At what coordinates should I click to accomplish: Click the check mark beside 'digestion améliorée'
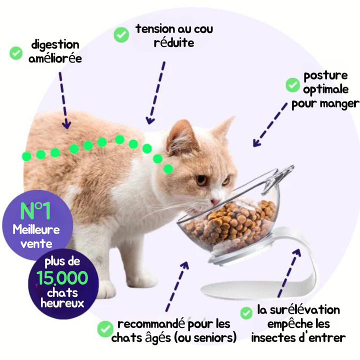coord(16,53)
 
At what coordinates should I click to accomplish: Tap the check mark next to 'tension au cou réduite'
coord(121,34)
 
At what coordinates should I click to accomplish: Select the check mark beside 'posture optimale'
coord(292,85)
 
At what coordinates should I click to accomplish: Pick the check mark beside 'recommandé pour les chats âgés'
coord(105,329)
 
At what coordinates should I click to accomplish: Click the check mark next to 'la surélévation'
coord(246,313)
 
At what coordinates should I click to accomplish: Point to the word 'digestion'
coord(55,45)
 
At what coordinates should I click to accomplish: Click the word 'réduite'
coord(174,42)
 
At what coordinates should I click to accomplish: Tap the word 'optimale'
coord(325,89)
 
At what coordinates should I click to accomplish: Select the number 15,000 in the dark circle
coord(62,277)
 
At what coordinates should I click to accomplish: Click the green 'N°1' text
coord(35,211)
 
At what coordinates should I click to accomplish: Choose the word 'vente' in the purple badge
coord(36,244)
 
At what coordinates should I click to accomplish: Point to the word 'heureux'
coord(62,303)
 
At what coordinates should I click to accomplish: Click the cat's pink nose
coord(214,201)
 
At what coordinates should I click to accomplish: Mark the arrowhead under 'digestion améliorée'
coord(66,124)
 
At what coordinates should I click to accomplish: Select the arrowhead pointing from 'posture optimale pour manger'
coord(256,143)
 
